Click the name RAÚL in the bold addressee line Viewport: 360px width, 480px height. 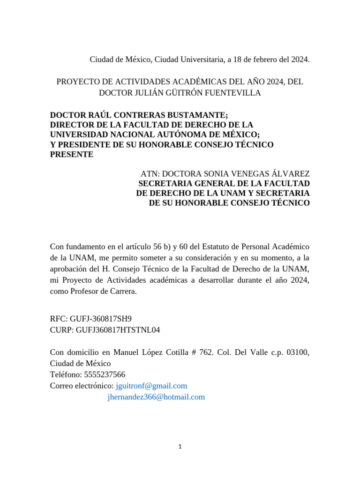[99, 114]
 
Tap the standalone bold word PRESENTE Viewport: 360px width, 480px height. [72, 155]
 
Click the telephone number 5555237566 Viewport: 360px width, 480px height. [105, 375]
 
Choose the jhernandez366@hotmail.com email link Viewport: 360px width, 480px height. [156, 397]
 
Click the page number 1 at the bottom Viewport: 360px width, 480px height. [180, 447]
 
